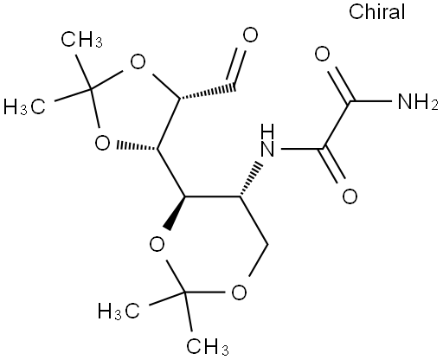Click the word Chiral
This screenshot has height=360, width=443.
376,12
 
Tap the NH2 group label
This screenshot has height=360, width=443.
418,101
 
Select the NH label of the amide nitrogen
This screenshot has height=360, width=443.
267,141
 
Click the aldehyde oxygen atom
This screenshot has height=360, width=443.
250,35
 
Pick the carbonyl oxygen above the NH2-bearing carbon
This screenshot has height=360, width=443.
322,55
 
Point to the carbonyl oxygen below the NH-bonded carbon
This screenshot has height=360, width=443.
350,196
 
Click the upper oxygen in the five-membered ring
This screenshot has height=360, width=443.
138,61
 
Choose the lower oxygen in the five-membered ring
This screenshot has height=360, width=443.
102,143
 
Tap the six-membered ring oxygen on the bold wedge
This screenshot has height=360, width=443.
157,244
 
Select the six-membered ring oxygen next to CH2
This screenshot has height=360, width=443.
239,292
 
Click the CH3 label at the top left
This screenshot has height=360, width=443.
81,39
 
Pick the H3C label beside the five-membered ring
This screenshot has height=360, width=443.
24,106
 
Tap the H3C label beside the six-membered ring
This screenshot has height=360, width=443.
119,312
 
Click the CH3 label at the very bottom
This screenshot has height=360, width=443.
208,346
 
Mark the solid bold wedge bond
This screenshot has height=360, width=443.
177,213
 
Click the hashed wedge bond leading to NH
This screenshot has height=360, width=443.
251,180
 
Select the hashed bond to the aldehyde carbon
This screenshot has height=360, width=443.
208,92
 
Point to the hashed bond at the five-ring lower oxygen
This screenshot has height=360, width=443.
137,145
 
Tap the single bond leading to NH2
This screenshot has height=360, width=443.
371,101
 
